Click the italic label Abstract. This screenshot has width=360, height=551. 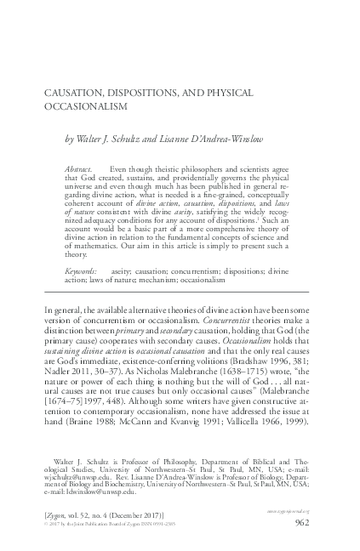pos(82,170)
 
